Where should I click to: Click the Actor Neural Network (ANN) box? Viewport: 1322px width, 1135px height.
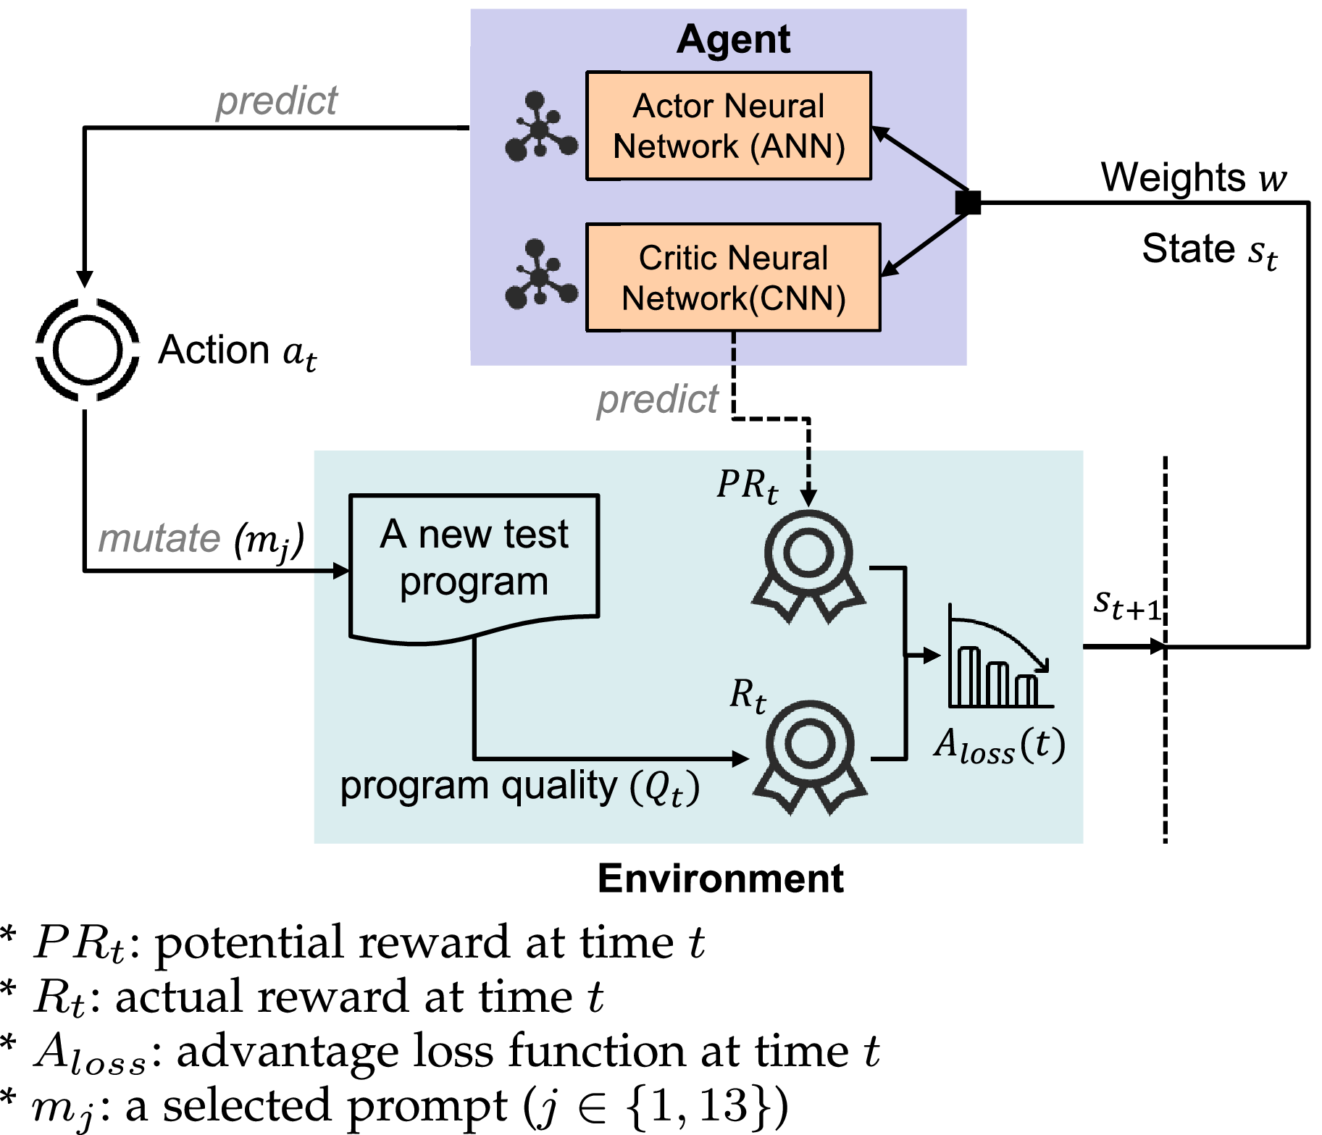point(728,126)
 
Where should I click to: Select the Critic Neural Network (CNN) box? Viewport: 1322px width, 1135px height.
point(733,277)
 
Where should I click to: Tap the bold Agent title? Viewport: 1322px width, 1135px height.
point(733,39)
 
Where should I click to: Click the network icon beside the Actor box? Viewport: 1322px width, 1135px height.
point(540,126)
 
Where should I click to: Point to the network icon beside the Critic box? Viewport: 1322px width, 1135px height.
point(540,275)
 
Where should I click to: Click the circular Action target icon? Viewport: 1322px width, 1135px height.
point(87,350)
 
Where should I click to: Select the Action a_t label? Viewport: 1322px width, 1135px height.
point(238,351)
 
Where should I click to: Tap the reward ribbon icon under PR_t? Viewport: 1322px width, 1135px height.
point(808,565)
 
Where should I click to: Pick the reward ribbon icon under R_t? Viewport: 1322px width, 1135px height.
point(809,755)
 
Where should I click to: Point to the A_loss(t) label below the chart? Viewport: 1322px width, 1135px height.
point(1000,745)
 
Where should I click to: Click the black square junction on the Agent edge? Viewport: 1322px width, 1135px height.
point(968,203)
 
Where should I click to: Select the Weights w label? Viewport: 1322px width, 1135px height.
point(1194,177)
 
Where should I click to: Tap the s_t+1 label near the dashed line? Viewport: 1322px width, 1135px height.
point(1127,604)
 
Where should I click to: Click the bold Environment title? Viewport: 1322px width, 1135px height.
point(720,879)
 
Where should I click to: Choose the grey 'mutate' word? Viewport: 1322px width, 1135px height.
point(159,538)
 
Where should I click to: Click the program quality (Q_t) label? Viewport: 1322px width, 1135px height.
point(519,787)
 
